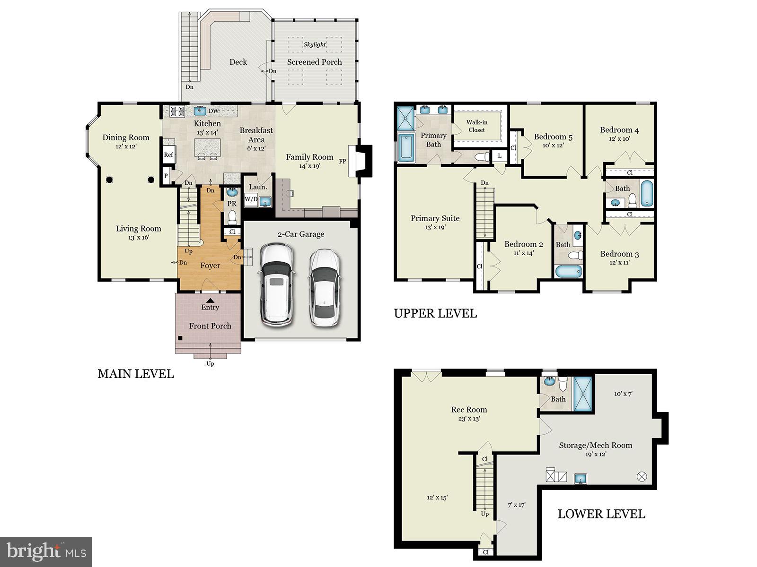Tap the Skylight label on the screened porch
point(315,44)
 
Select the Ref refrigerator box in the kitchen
point(168,155)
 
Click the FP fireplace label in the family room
point(343,161)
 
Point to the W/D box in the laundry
point(251,199)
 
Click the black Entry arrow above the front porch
point(210,300)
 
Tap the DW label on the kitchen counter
point(214,111)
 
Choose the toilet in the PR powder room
point(232,217)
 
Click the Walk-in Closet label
point(476,126)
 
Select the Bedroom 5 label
point(553,137)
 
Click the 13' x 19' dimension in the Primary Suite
point(435,227)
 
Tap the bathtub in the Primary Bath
point(405,147)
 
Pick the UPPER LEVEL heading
point(435,313)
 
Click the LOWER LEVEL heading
point(601,514)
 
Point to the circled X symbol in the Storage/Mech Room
point(642,477)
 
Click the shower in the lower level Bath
point(583,394)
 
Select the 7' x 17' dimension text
point(516,505)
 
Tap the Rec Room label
point(469,410)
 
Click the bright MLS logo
point(46,551)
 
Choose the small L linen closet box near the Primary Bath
point(500,155)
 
